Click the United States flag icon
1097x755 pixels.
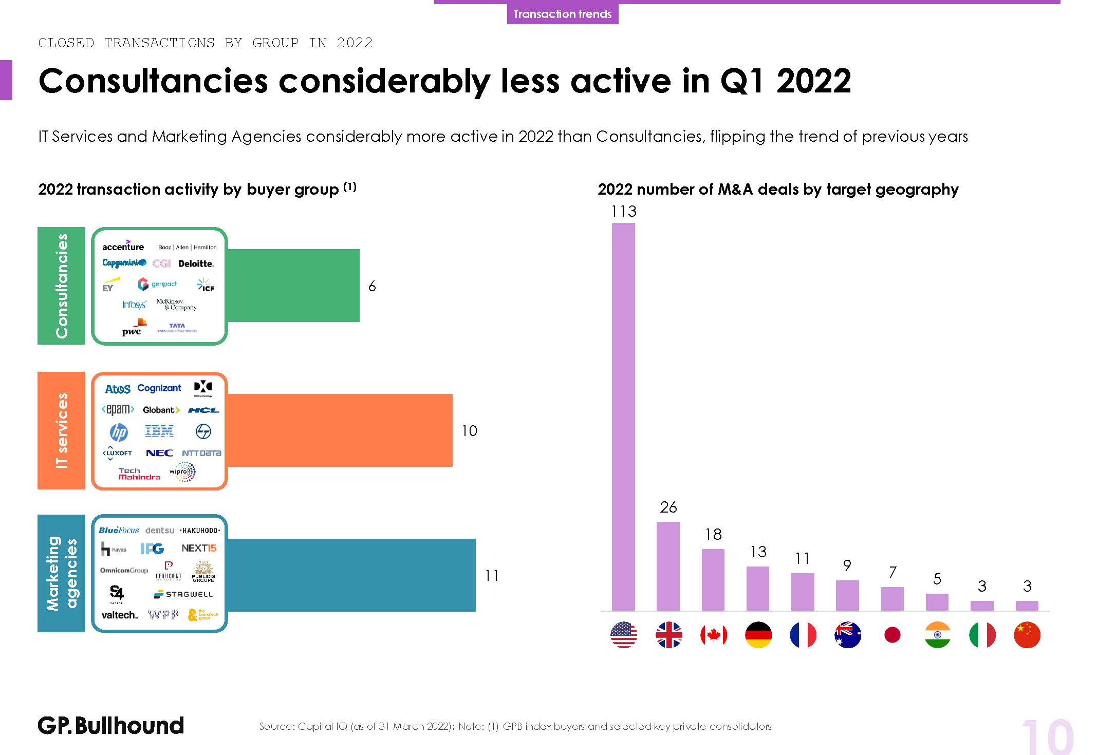623,635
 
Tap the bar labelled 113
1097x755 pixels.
623,416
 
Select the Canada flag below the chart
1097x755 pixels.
713,635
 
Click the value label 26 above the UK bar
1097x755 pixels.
668,507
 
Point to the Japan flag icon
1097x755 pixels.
893,635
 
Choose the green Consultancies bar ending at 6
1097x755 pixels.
293,286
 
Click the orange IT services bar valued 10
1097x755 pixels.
339,430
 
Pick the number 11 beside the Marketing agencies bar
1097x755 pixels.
492,576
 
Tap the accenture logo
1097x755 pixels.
123,246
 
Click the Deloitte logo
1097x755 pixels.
196,263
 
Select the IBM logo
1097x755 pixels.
159,431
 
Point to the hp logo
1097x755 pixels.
119,432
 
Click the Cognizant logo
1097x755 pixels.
159,388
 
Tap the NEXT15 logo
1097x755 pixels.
199,549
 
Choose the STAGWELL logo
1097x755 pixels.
183,594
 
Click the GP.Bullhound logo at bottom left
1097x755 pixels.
110,726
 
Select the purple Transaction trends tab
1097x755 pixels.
562,14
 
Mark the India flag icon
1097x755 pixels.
937,635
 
